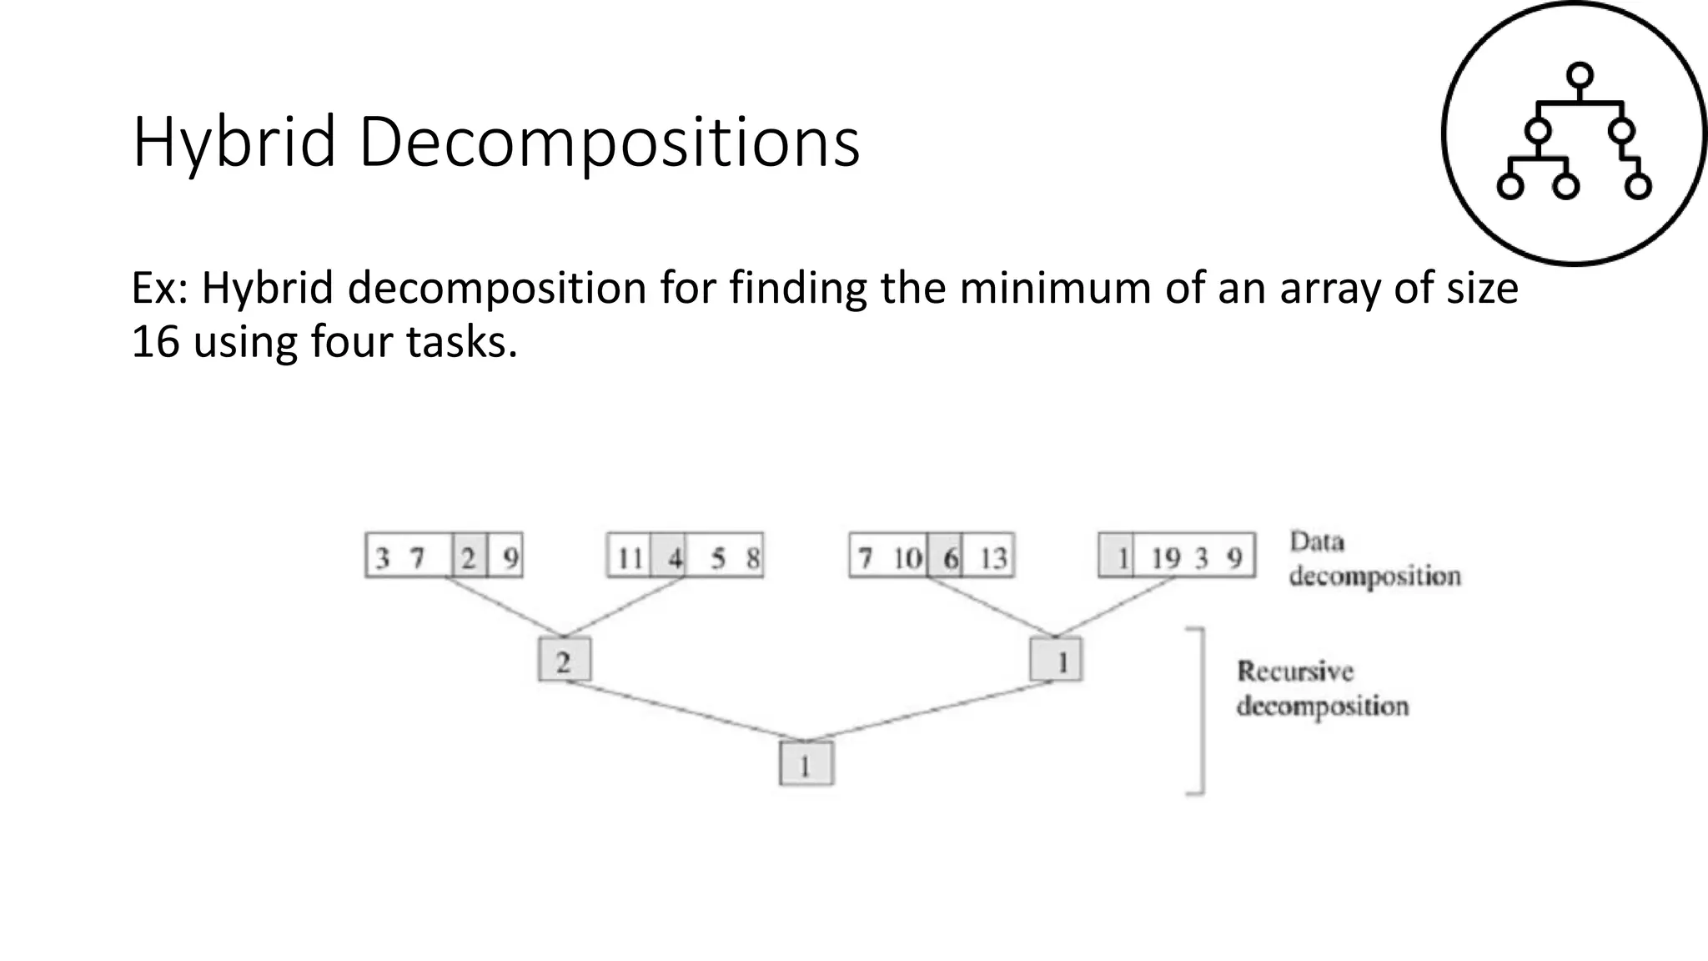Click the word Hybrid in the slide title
pos(234,143)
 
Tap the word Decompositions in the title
pos(609,143)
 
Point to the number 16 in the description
pos(155,342)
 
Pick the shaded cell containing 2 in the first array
pos(469,556)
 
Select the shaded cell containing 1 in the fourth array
pos(1118,556)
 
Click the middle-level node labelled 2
pos(565,660)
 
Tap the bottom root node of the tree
pos(806,763)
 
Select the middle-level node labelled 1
pos(1057,660)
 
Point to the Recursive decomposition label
pos(1322,689)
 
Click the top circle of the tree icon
pos(1580,76)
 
